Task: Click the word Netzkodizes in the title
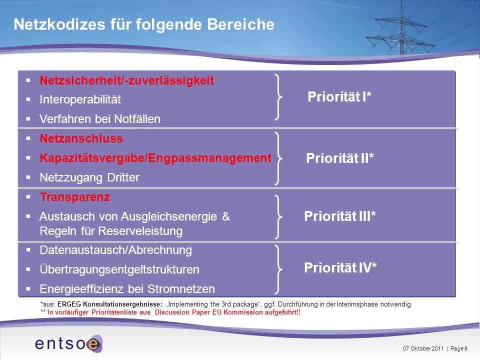59,24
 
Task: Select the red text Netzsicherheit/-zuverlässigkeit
126,80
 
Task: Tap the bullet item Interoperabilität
80,99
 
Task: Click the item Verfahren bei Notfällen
100,119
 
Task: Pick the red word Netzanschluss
81,138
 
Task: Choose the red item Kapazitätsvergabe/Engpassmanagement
155,158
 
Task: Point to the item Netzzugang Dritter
89,177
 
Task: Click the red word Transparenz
74,197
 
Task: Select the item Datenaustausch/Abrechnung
115,250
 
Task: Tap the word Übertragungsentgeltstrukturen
119,269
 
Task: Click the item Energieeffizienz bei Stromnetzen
127,288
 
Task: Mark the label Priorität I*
339,96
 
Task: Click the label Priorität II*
340,158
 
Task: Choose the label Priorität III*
340,216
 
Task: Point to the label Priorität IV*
340,267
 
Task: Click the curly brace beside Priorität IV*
279,269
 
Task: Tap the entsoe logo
69,343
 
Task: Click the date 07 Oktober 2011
423,348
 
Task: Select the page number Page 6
459,348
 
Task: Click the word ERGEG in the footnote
69,304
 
